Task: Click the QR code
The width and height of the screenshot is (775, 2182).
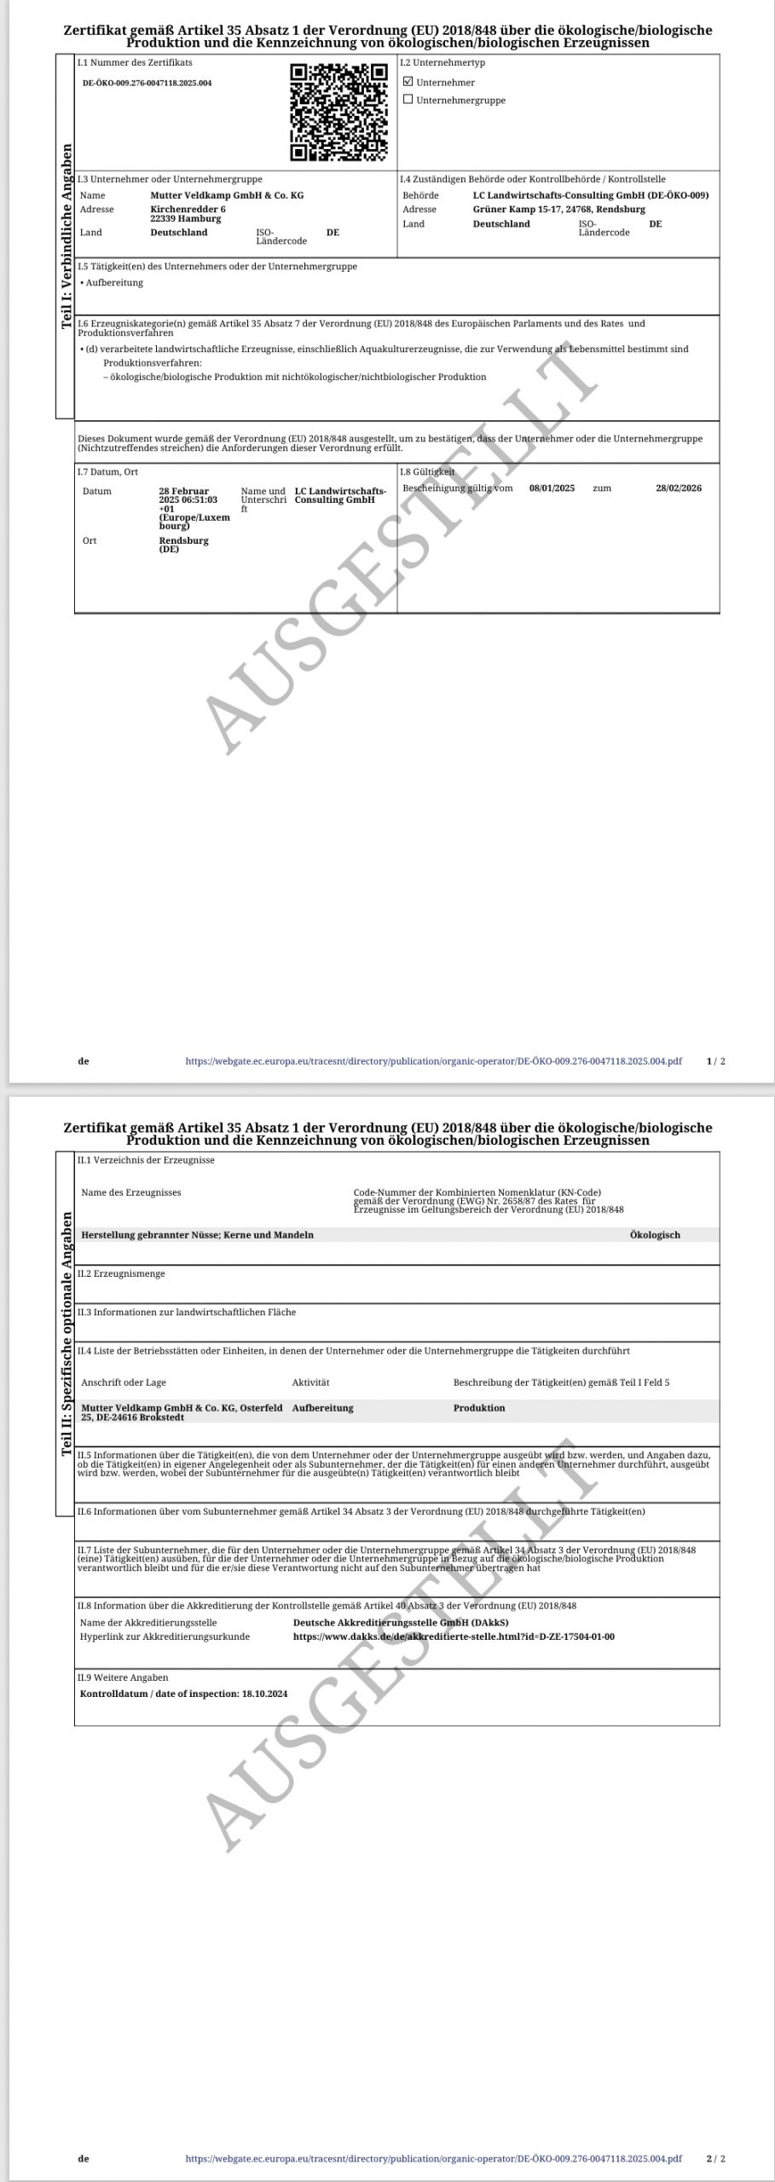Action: [338, 113]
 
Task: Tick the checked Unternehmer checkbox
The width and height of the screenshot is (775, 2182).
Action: [408, 82]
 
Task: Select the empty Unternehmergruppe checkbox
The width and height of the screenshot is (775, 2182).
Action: [408, 100]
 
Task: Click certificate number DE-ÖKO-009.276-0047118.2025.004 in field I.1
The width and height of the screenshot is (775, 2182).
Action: [147, 84]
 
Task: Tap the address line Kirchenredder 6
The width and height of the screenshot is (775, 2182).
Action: [188, 209]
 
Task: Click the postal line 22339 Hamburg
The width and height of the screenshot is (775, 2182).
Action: [185, 218]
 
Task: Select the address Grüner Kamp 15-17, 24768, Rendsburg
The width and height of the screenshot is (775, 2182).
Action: [559, 209]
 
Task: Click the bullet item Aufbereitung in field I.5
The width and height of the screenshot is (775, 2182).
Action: [114, 283]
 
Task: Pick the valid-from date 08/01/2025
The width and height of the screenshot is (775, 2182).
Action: [552, 488]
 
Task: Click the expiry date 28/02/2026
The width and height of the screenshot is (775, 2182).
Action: [679, 488]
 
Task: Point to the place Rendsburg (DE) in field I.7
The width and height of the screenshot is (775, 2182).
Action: [183, 545]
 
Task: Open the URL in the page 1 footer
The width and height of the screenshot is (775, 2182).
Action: [433, 1061]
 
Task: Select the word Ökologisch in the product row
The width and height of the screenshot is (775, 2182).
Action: [655, 1235]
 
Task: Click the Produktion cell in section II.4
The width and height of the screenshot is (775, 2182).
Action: [479, 1408]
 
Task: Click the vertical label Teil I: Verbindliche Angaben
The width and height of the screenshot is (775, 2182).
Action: [66, 236]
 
